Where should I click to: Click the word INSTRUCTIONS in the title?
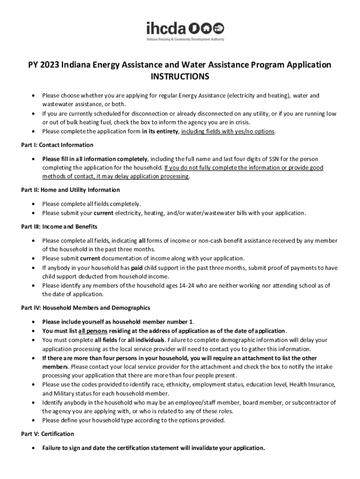(180, 76)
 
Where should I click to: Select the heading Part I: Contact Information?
(57, 145)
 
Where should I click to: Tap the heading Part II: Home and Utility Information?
(70, 190)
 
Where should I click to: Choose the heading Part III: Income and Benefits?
(59, 227)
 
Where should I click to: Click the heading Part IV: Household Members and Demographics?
(86, 308)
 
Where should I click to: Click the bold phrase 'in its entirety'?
(160, 131)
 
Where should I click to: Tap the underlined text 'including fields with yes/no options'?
(228, 131)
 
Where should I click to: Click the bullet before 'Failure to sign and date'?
(33, 448)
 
